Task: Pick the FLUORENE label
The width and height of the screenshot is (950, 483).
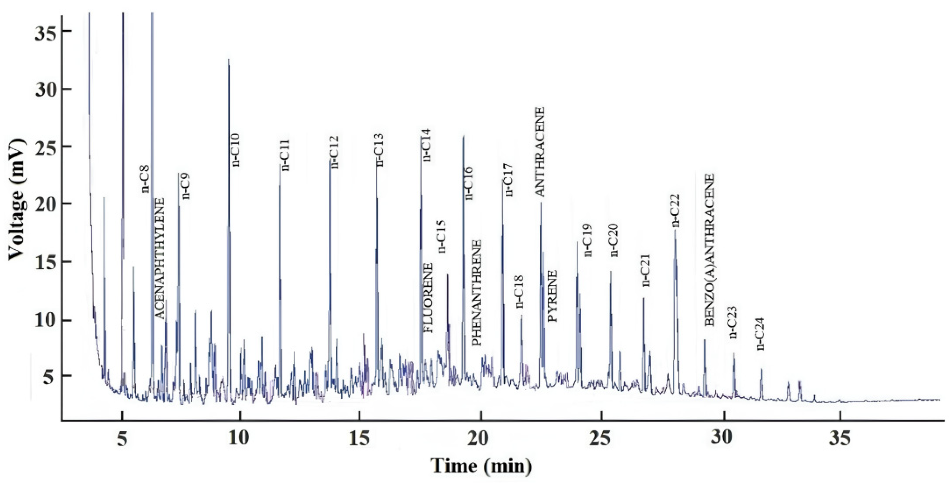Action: point(428,298)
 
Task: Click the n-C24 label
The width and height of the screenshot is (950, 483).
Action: point(760,334)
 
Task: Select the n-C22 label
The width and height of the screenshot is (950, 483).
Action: point(676,211)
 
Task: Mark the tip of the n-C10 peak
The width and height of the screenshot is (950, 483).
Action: point(228,59)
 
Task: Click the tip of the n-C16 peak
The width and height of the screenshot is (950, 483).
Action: point(463,136)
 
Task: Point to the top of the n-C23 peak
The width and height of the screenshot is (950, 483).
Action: point(733,353)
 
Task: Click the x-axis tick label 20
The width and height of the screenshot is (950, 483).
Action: point(481,439)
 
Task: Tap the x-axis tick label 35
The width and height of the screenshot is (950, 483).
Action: point(840,439)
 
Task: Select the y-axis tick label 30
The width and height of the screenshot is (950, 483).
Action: point(45,89)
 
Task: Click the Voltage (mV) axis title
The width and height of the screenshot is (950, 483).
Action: point(17,199)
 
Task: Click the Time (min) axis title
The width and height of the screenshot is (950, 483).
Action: point(482,466)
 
